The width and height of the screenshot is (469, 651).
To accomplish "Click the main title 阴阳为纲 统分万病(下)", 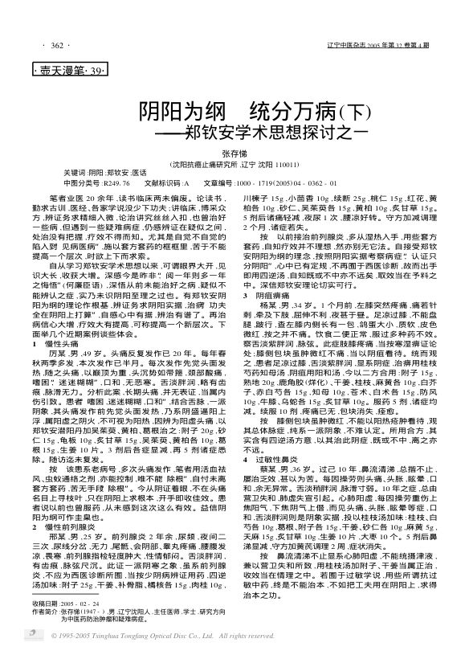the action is point(230,111).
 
